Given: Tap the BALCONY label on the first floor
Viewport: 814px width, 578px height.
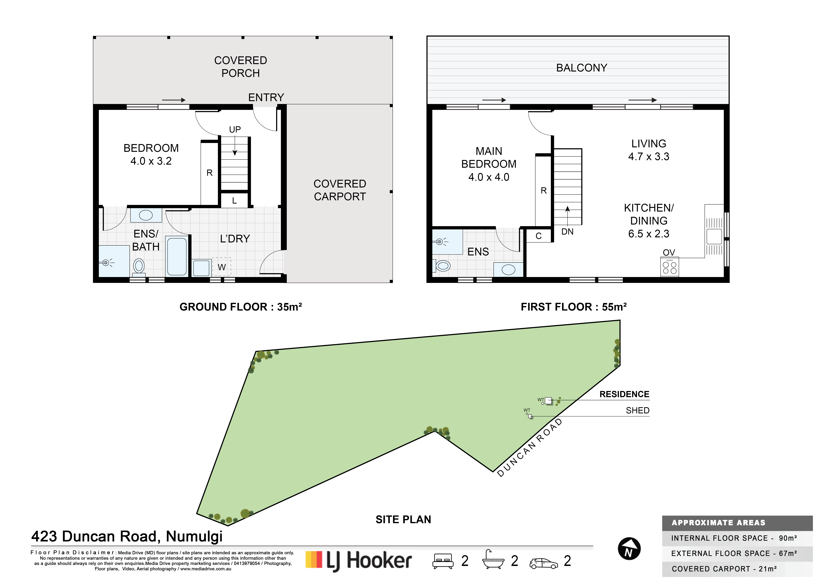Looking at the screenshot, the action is [x=582, y=68].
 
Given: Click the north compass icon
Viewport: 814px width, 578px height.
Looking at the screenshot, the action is [x=629, y=549].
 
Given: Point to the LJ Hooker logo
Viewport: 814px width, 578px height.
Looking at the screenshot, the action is [x=359, y=561].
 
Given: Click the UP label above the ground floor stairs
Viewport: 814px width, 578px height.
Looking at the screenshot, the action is [x=235, y=130].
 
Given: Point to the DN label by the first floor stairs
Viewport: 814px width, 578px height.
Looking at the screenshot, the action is [x=567, y=232].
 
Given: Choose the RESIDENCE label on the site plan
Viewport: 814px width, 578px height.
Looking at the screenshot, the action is [x=624, y=394].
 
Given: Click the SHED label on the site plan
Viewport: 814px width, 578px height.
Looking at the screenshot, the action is [x=637, y=410].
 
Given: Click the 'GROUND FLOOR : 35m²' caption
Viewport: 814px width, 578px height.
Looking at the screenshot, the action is [x=241, y=307].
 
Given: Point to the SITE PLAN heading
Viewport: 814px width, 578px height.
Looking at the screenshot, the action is [x=403, y=520].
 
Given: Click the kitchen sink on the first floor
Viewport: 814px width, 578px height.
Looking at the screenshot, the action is [x=714, y=236].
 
